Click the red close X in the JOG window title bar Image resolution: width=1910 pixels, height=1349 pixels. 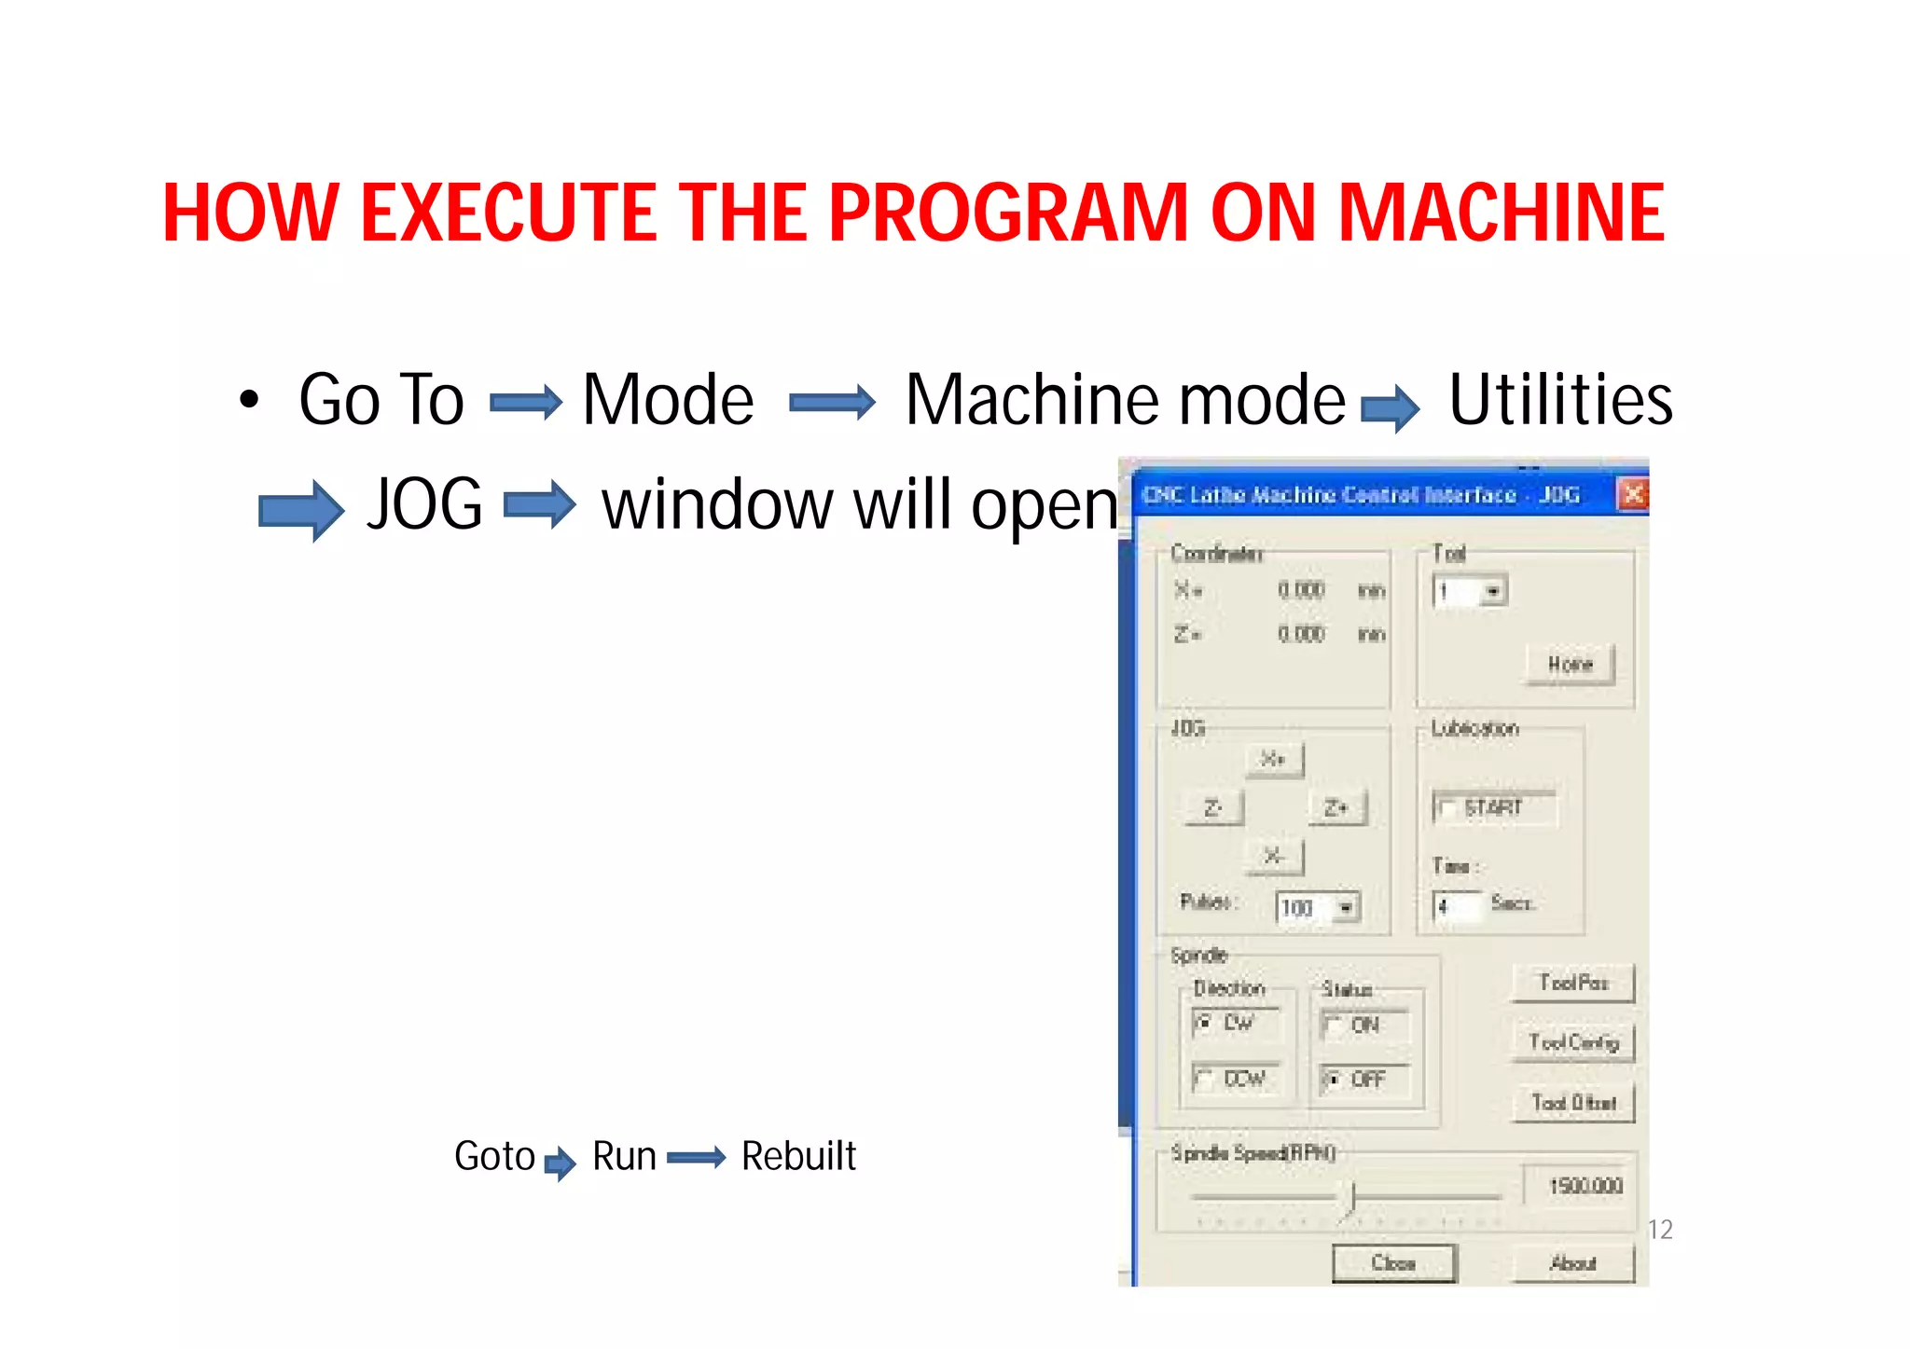[x=1633, y=494]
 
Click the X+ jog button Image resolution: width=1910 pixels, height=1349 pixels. [x=1274, y=759]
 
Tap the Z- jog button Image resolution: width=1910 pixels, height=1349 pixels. [x=1212, y=807]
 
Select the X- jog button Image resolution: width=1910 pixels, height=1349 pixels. [x=1274, y=856]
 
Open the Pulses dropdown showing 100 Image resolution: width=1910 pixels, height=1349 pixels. [x=1346, y=907]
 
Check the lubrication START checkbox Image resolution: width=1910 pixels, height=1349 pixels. [x=1446, y=808]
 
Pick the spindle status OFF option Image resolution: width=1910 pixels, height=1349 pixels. [x=1333, y=1080]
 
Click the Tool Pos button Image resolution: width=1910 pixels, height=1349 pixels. [x=1573, y=983]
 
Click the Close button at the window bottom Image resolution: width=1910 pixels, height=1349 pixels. [x=1393, y=1263]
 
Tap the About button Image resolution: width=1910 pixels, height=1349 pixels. [x=1573, y=1263]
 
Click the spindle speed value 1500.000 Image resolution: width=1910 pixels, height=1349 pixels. [x=1585, y=1186]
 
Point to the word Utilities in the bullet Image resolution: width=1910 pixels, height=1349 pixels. [x=1560, y=399]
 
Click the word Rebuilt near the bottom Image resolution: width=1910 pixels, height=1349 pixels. [x=798, y=1156]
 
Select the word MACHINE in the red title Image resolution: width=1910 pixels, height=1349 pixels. [x=1502, y=213]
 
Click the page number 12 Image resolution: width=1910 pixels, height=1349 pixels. [x=1660, y=1230]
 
